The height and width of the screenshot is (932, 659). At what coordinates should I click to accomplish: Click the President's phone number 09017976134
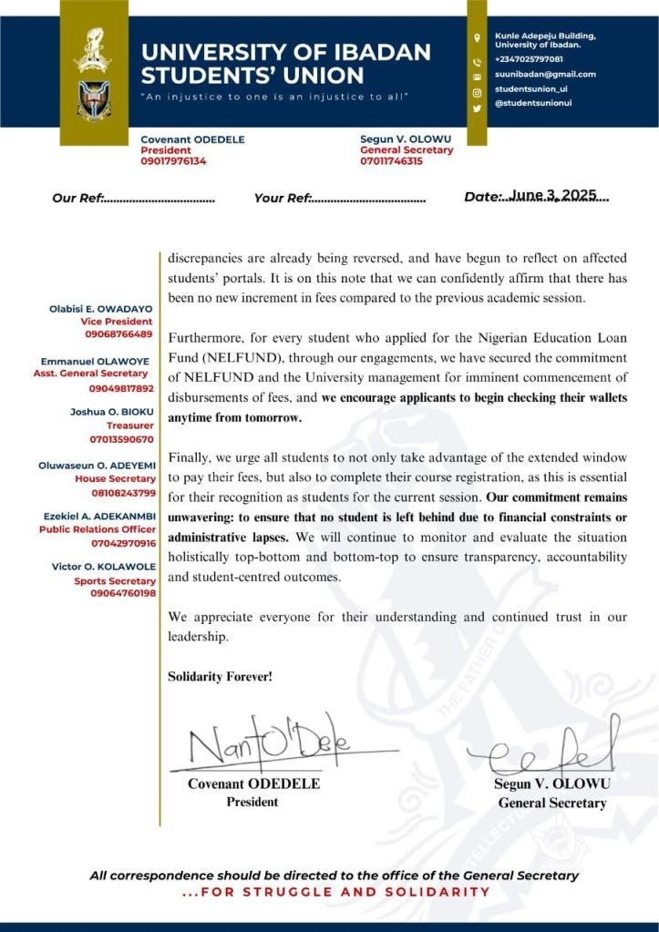point(173,161)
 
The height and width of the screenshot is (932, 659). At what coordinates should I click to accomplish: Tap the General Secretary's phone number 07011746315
point(392,161)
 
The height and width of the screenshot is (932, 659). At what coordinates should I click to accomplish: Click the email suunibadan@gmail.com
point(545,75)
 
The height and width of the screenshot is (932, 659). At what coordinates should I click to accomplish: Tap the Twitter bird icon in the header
point(477,108)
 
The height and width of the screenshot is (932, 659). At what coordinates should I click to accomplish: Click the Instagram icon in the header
point(477,92)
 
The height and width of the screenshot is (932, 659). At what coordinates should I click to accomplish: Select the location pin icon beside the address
point(477,38)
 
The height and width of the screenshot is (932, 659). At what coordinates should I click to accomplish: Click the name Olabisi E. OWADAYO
point(101,310)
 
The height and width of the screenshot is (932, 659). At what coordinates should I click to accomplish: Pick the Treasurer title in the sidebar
point(131,425)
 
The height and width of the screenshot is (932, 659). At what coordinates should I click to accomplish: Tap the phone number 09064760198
point(123,593)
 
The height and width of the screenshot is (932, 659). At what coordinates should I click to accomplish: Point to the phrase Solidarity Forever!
point(220,677)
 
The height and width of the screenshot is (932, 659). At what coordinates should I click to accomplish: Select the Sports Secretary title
point(115,580)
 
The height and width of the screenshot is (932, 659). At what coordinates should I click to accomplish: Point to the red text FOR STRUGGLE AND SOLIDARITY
point(336,892)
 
